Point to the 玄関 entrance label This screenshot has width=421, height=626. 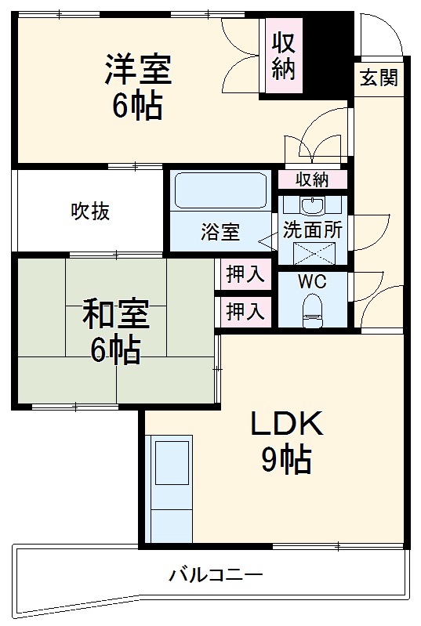tap(379, 78)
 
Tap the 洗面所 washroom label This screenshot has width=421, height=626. tap(313, 232)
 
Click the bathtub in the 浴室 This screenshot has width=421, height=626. tap(220, 191)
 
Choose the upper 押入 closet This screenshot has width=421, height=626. tap(245, 274)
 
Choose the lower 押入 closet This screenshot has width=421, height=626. tap(245, 311)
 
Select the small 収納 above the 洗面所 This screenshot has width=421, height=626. tap(312, 179)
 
